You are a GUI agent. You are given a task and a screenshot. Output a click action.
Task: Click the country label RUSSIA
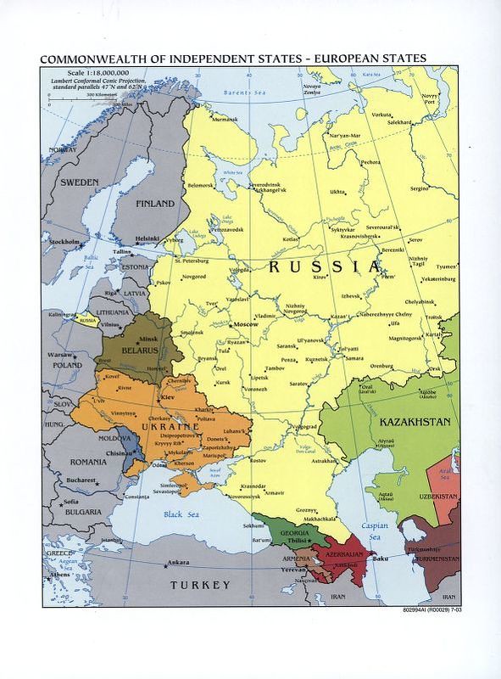coord(324,267)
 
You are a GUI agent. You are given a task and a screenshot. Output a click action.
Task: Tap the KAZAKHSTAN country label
coord(409,422)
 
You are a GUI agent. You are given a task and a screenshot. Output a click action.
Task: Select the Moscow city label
coord(246,326)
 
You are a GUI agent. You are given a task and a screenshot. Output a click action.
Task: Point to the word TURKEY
coord(200,586)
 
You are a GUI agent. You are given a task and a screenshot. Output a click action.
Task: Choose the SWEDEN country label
coord(79,182)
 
